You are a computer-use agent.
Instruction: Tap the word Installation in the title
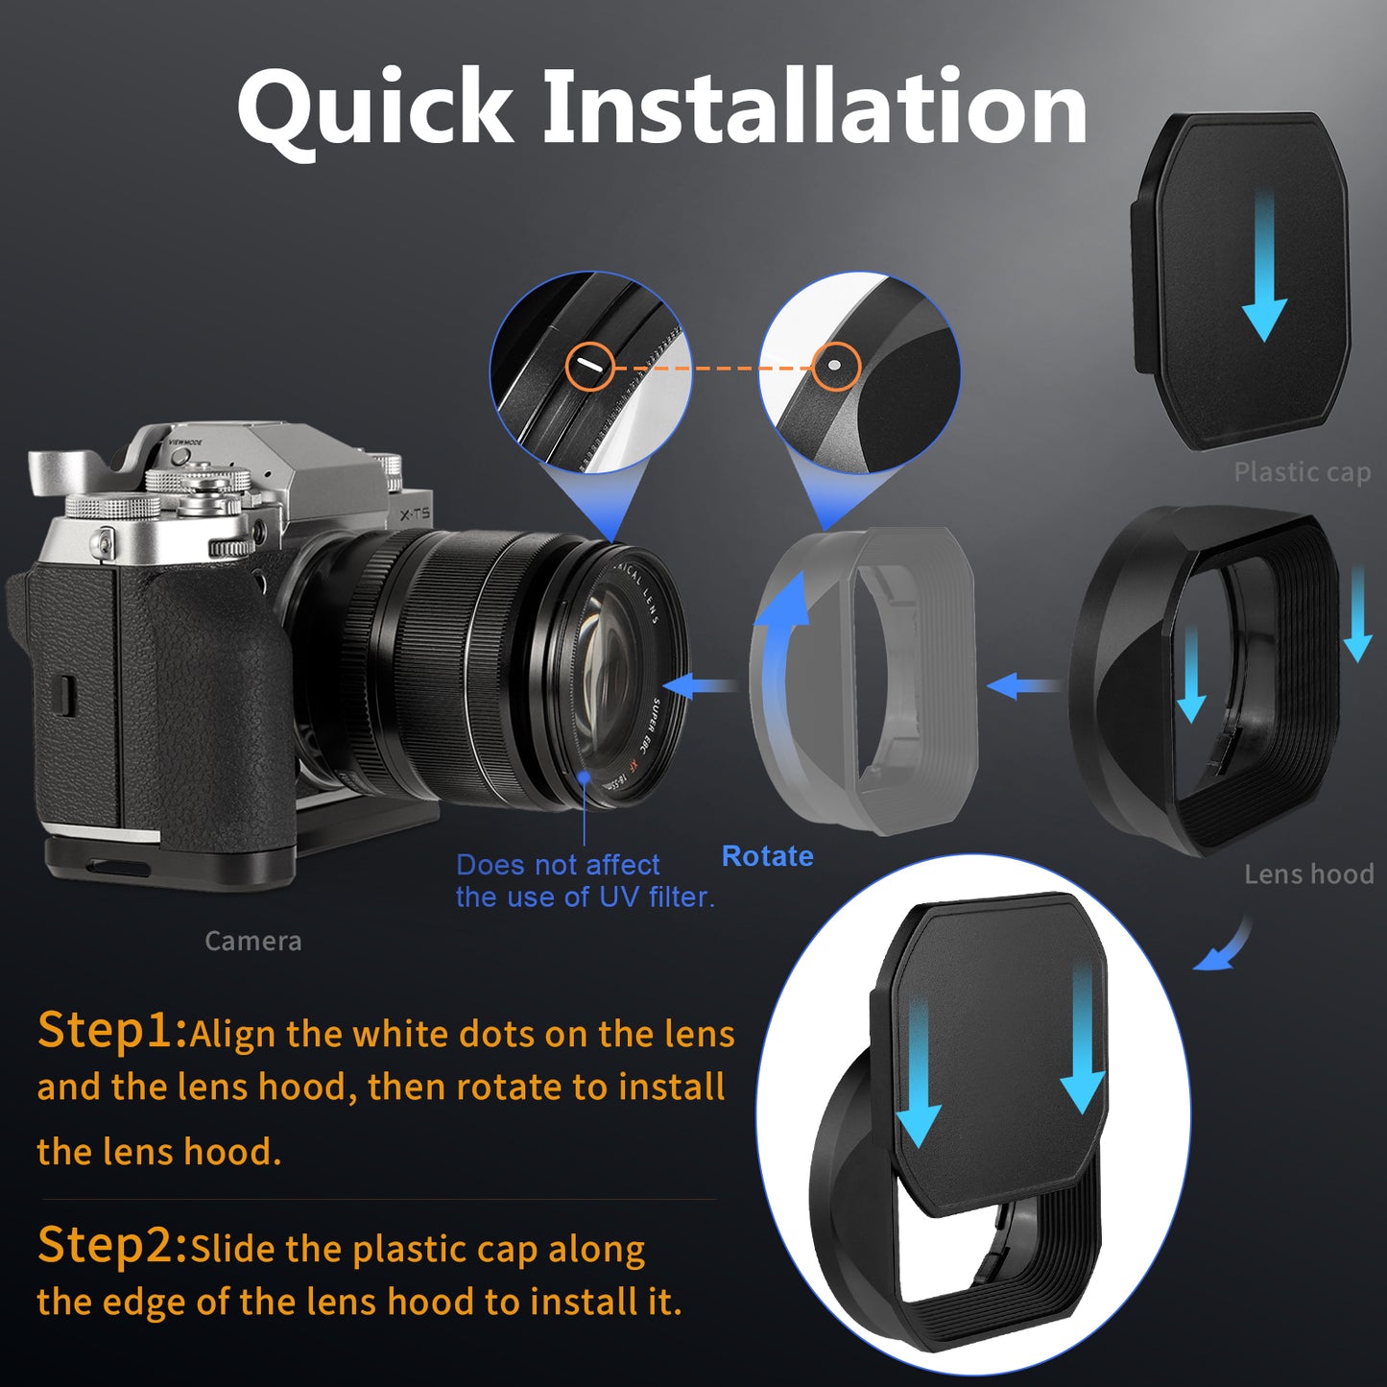pos(816,107)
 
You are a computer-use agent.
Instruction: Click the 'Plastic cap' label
pos(1303,473)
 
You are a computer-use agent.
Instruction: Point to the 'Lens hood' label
pos(1308,873)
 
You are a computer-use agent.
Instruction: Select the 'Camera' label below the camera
pos(253,942)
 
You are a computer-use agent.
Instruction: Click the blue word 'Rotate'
pos(767,856)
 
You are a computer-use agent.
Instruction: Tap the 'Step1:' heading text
pos(112,1030)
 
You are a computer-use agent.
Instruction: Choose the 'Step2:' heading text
pos(112,1245)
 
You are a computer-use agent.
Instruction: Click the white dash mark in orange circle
pos(589,367)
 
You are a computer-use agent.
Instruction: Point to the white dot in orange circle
pos(833,365)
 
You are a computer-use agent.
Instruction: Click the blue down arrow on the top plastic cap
pos(1264,275)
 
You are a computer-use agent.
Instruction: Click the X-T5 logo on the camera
pos(415,514)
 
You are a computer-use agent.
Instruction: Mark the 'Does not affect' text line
pos(558,865)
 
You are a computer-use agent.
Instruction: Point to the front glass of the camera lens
pos(609,669)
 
